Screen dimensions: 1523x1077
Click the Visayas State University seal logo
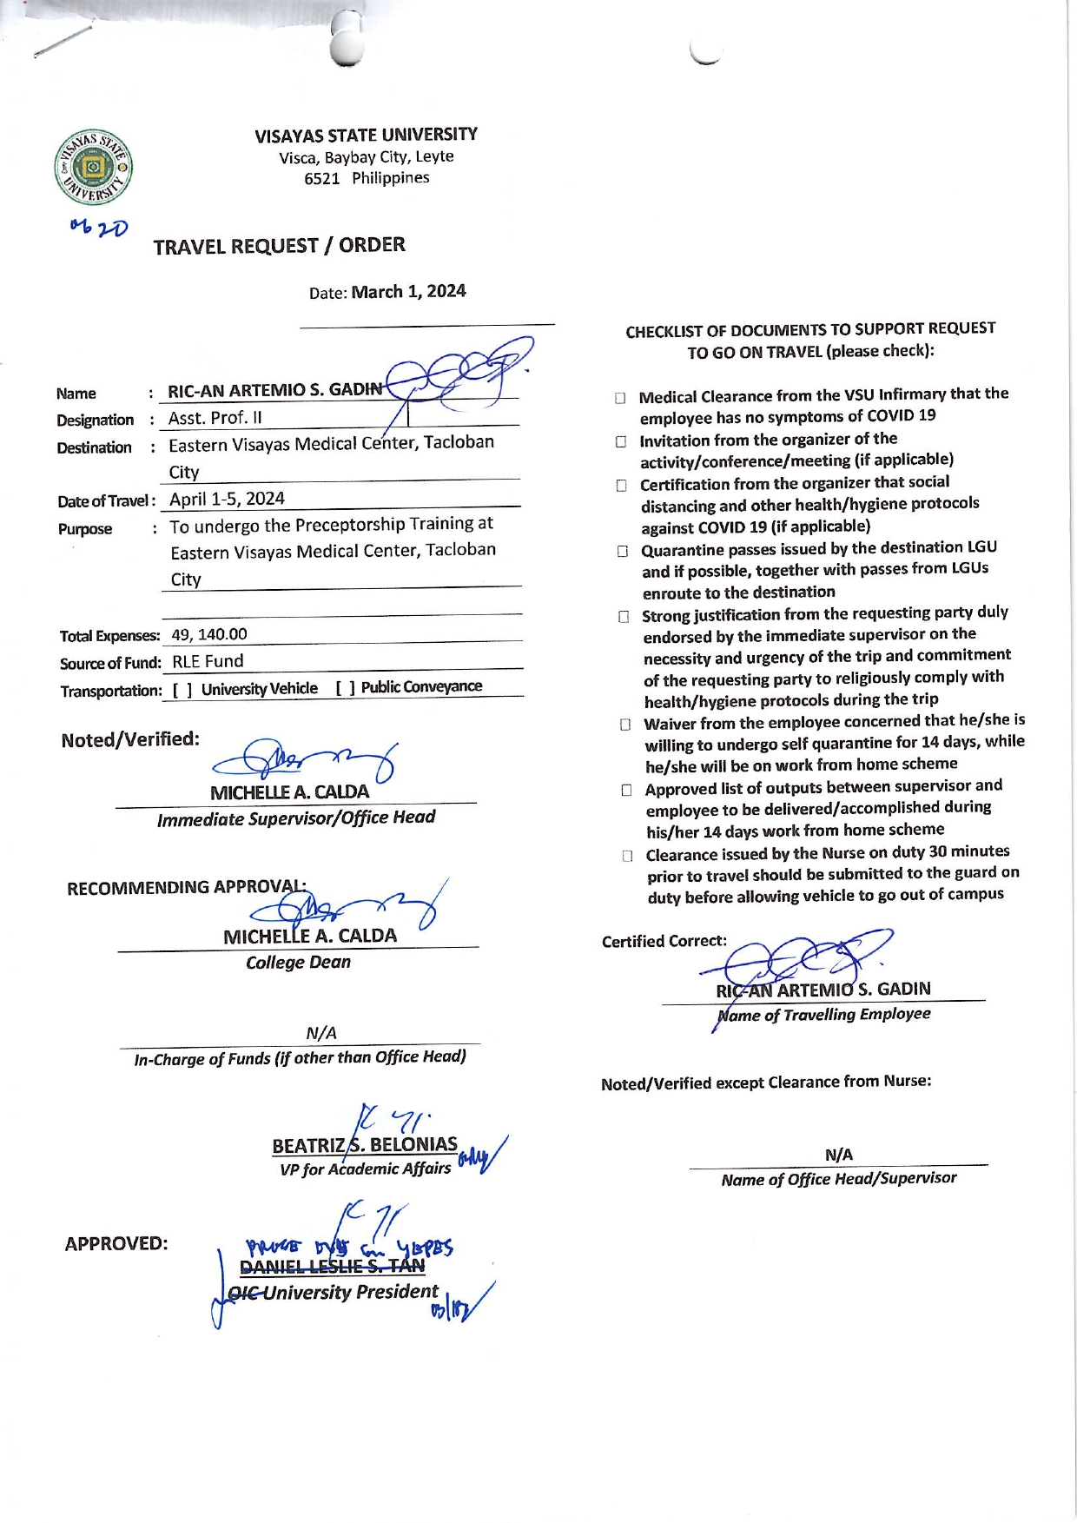pyautogui.click(x=94, y=169)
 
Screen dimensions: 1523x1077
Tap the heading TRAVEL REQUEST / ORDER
pyautogui.click(x=279, y=246)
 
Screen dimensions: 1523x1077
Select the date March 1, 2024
pyautogui.click(x=408, y=291)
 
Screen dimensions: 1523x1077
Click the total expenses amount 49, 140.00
pyautogui.click(x=209, y=634)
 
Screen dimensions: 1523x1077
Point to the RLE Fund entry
pyautogui.click(x=208, y=661)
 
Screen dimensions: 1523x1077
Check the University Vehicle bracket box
pyautogui.click(x=182, y=690)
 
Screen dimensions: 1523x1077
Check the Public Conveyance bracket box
pyautogui.click(x=345, y=688)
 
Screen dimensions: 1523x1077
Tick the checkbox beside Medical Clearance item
pyautogui.click(x=620, y=398)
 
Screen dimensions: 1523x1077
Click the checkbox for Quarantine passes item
pyautogui.click(x=623, y=551)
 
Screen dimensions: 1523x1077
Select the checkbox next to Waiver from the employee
pyautogui.click(x=624, y=724)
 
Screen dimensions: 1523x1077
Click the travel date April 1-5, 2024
pyautogui.click(x=227, y=499)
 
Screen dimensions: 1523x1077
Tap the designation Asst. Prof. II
pyautogui.click(x=215, y=418)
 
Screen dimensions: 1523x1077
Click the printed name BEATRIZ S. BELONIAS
pyautogui.click(x=365, y=1145)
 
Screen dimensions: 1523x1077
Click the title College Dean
pyautogui.click(x=298, y=963)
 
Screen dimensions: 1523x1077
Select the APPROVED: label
pyautogui.click(x=116, y=1243)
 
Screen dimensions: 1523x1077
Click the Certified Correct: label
pyautogui.click(x=664, y=941)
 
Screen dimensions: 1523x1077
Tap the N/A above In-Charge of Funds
pyautogui.click(x=321, y=1033)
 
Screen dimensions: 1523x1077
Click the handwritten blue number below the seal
pyautogui.click(x=99, y=228)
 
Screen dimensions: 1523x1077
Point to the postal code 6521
pyautogui.click(x=321, y=179)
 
